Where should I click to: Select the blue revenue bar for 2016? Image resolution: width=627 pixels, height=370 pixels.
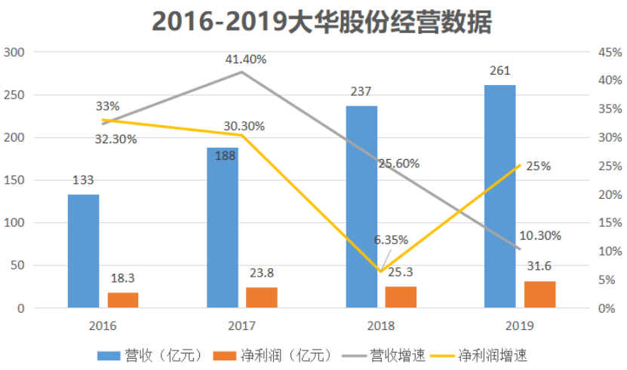[83, 251]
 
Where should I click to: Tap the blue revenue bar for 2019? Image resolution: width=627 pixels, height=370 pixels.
[499, 197]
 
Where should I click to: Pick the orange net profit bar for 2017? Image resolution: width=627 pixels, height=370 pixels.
[261, 298]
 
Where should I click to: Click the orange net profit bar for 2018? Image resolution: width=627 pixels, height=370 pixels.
[401, 297]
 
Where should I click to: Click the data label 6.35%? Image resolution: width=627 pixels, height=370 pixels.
[391, 240]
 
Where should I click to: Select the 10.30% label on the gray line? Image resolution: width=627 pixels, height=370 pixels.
[540, 235]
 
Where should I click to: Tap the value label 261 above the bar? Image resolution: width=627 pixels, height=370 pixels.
[499, 71]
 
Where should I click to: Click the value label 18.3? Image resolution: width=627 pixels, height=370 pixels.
[123, 277]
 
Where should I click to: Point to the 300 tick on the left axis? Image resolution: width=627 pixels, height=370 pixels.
[14, 52]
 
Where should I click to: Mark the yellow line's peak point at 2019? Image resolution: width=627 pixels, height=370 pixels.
[520, 166]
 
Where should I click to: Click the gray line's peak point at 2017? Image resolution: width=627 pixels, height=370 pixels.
[241, 72]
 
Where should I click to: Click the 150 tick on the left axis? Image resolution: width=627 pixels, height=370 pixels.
[14, 180]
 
